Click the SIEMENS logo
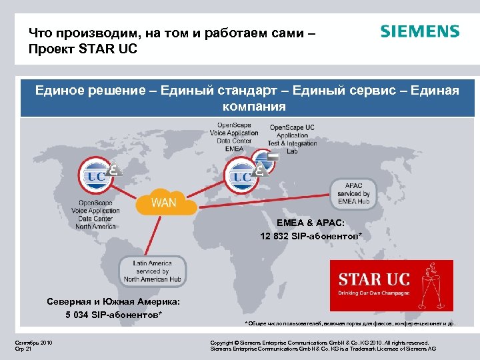click(x=419, y=32)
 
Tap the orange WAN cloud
click(x=163, y=201)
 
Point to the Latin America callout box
click(x=153, y=271)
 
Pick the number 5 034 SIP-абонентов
click(x=113, y=315)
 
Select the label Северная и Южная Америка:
click(x=113, y=302)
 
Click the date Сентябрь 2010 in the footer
click(x=33, y=343)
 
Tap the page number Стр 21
click(x=23, y=349)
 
